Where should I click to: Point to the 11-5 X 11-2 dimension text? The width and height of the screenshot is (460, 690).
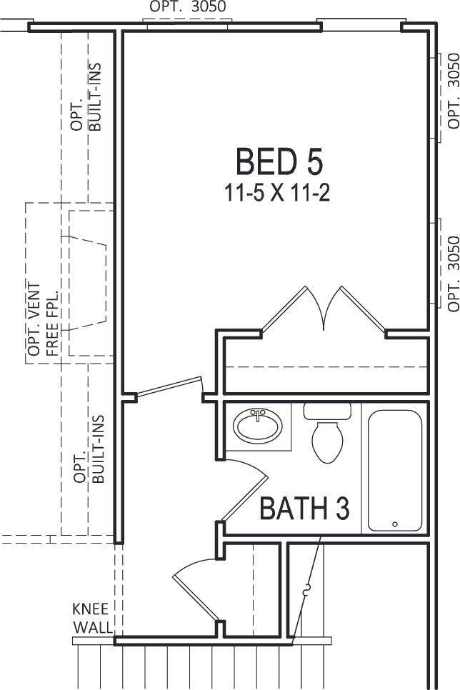click(277, 193)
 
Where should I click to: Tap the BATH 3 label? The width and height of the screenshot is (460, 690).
click(304, 508)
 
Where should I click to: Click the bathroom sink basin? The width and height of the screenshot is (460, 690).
click(257, 426)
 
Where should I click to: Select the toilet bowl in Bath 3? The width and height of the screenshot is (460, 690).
click(328, 442)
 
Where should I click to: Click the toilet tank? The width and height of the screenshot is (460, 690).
click(327, 411)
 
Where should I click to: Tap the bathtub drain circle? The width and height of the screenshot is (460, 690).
click(395, 524)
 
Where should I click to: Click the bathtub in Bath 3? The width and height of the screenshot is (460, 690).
click(395, 471)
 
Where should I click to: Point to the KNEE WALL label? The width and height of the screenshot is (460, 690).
click(91, 618)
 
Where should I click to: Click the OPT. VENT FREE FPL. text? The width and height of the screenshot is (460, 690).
click(43, 319)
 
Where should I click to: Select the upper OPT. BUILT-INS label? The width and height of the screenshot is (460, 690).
click(86, 97)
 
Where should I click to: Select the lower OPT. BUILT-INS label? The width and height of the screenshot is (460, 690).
click(89, 449)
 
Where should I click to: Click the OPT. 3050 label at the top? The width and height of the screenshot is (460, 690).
click(188, 6)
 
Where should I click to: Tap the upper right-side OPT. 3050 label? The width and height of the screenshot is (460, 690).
click(453, 91)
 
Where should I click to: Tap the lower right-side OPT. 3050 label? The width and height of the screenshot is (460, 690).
click(453, 274)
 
